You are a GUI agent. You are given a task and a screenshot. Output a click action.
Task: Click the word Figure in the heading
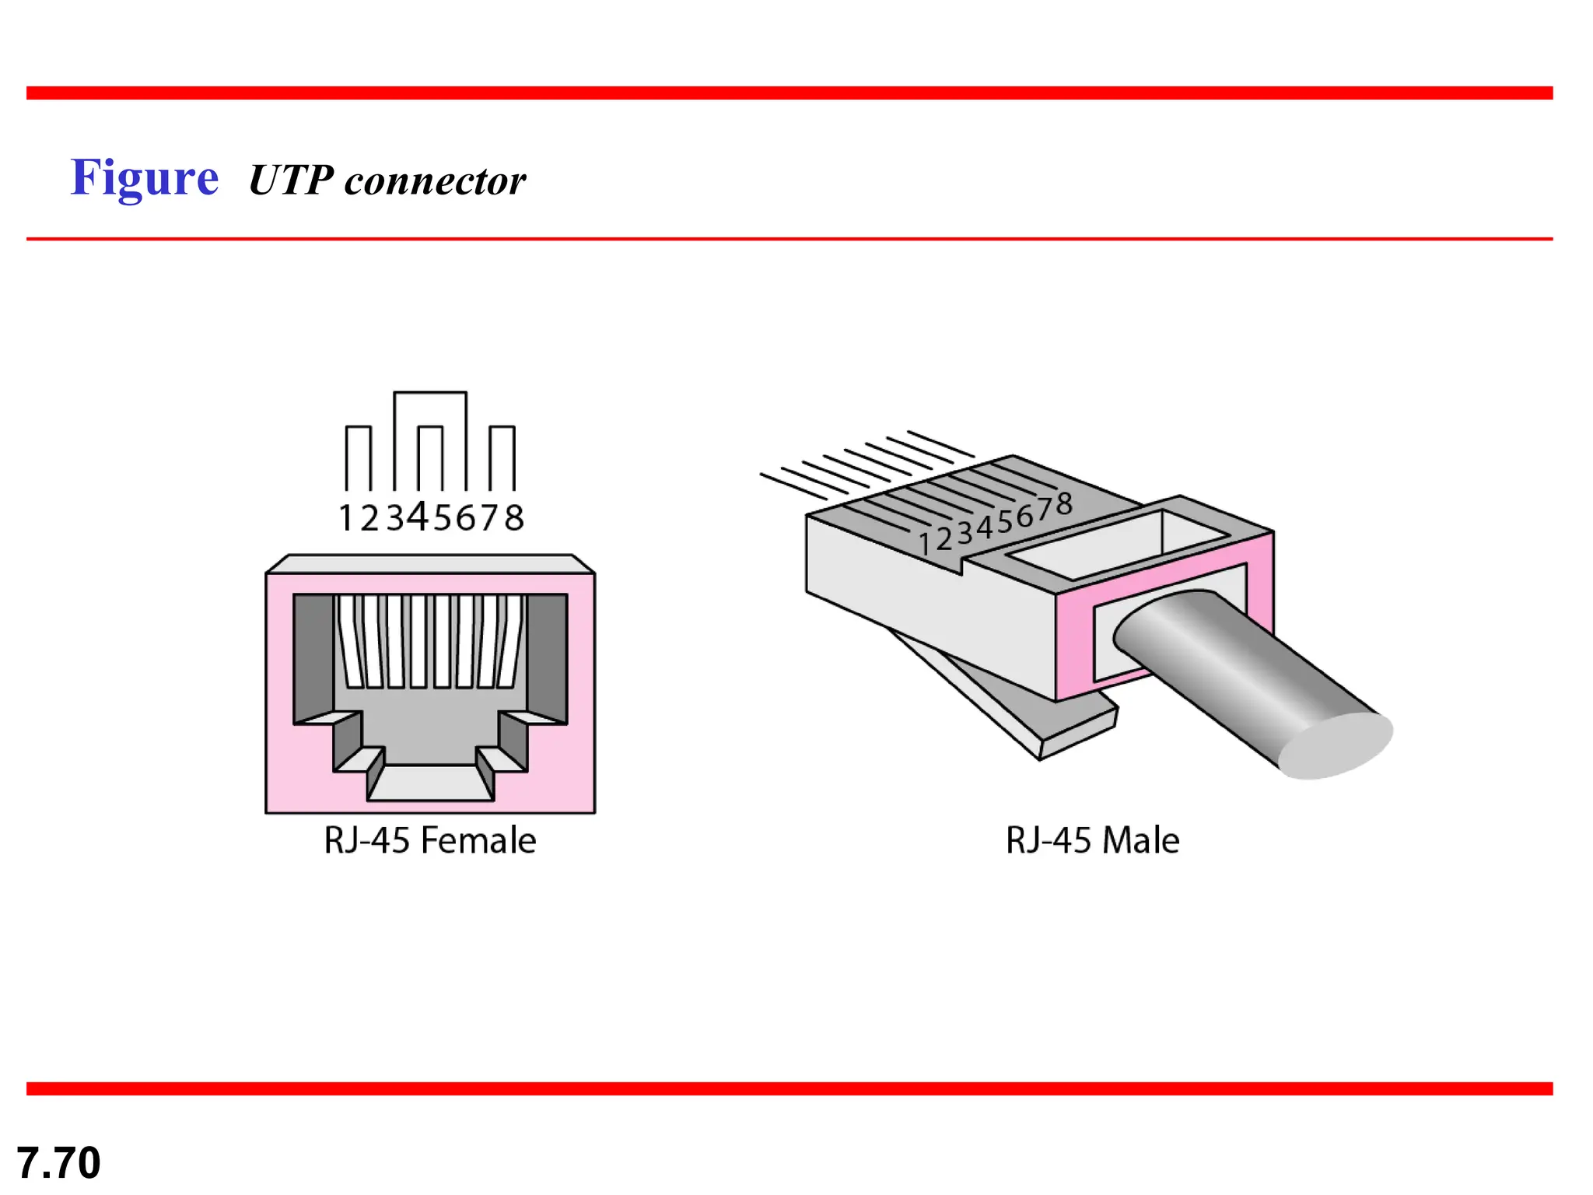(x=145, y=178)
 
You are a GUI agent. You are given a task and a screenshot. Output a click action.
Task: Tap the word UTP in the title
(x=291, y=180)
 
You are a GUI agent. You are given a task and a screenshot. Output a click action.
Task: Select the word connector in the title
(x=435, y=181)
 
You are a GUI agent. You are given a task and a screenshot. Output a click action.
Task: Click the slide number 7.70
(x=58, y=1162)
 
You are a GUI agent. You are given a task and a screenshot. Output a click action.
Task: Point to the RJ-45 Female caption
(x=429, y=840)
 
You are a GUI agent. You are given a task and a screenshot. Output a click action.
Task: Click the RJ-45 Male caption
(x=1092, y=840)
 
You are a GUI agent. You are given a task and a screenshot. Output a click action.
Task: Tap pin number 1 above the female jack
(x=346, y=518)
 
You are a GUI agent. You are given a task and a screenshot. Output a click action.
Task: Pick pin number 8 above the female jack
(x=514, y=518)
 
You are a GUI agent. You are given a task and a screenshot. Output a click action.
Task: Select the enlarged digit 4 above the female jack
(x=418, y=516)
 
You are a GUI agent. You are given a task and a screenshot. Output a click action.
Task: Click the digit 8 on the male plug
(x=1064, y=504)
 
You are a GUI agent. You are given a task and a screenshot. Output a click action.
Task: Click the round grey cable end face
(x=1336, y=745)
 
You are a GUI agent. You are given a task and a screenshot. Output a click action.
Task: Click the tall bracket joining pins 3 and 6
(x=430, y=394)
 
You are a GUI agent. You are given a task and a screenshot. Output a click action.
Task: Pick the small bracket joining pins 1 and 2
(x=359, y=428)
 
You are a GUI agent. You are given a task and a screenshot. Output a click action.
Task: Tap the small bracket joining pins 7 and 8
(x=502, y=428)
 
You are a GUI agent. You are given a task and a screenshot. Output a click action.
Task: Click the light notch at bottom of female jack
(x=430, y=783)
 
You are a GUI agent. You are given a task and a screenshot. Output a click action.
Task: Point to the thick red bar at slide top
(x=789, y=93)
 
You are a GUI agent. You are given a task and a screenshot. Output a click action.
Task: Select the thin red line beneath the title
(x=789, y=239)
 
